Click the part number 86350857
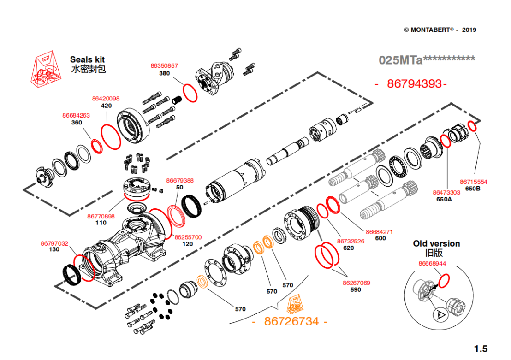[x=164, y=66]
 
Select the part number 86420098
[x=106, y=99]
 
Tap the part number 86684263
[x=76, y=115]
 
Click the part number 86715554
[x=473, y=182]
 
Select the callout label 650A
[x=444, y=200]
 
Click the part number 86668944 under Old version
[x=432, y=264]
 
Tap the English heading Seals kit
[x=87, y=59]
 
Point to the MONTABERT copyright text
[x=440, y=30]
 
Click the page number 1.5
[x=481, y=349]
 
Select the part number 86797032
[x=54, y=243]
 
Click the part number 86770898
[x=101, y=216]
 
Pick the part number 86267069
[x=356, y=283]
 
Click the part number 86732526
[x=351, y=241]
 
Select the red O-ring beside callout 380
[x=190, y=92]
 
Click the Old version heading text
[x=436, y=243]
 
